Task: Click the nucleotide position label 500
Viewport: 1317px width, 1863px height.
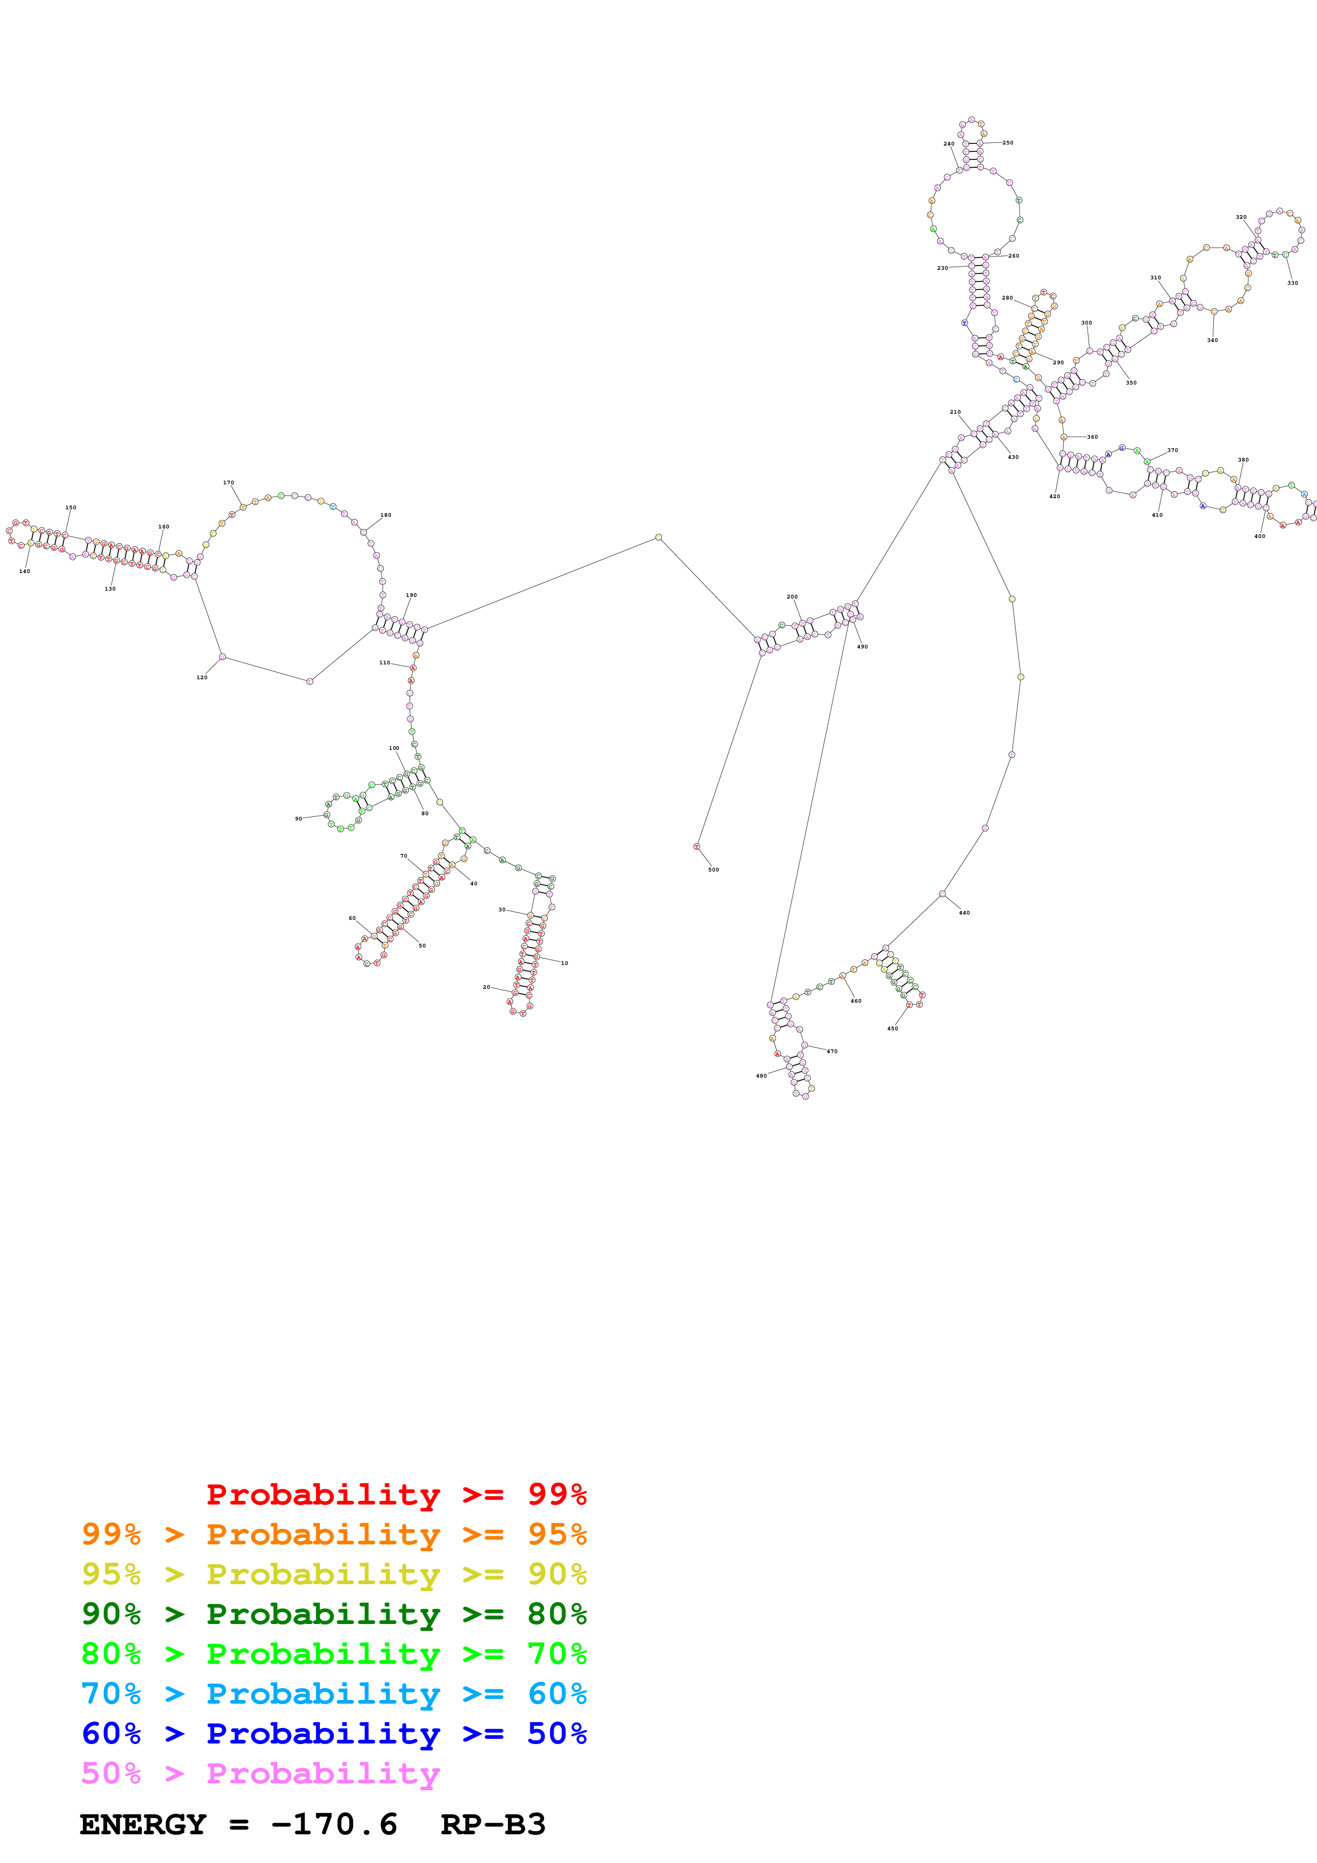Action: [x=713, y=870]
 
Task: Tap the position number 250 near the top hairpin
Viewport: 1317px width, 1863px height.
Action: [x=1007, y=143]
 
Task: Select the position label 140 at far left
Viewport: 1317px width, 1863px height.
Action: [x=24, y=571]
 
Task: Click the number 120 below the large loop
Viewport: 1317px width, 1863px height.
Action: [x=202, y=678]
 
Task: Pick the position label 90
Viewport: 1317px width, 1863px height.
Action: [x=299, y=819]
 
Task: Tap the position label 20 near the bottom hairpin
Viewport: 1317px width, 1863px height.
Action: [x=486, y=987]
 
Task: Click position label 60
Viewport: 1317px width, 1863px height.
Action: [x=352, y=919]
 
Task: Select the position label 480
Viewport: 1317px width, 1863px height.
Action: [x=761, y=1076]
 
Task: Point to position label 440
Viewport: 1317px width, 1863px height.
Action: [x=964, y=913]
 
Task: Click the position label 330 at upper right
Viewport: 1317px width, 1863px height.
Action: [x=1292, y=283]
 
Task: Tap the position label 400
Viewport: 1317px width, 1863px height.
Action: [x=1260, y=536]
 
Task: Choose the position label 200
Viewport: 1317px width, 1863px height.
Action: [x=792, y=597]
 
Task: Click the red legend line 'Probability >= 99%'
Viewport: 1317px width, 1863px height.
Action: [x=396, y=1494]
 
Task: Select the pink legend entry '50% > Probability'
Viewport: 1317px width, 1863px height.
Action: [x=260, y=1774]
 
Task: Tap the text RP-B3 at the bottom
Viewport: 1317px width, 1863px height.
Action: [x=492, y=1825]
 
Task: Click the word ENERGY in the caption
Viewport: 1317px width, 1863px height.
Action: [x=143, y=1825]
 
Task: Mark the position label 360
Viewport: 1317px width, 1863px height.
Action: [x=1092, y=438]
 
